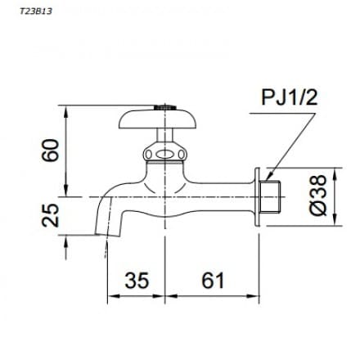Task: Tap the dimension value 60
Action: pyautogui.click(x=51, y=151)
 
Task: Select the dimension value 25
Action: pyautogui.click(x=51, y=216)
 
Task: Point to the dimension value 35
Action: pyautogui.click(x=137, y=281)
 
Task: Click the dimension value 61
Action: pyautogui.click(x=212, y=281)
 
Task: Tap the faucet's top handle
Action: pyautogui.click(x=164, y=121)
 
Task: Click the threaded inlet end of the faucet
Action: pyautogui.click(x=274, y=197)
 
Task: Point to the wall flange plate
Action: pyautogui.click(x=259, y=197)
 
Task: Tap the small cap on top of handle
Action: pyautogui.click(x=165, y=106)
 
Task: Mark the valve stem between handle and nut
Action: pyautogui.click(x=164, y=137)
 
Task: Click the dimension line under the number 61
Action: pyautogui.click(x=212, y=297)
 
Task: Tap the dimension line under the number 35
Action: pyautogui.click(x=137, y=297)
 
